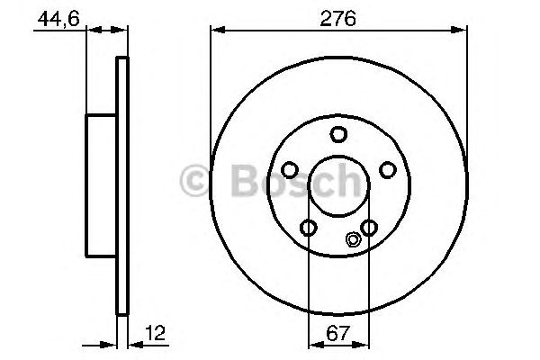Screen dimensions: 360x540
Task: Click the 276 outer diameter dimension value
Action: pos(338,17)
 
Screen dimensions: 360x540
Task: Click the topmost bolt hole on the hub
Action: pos(338,135)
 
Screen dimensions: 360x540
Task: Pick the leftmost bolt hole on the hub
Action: pos(290,170)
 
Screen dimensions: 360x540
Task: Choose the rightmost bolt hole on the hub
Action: pos(387,170)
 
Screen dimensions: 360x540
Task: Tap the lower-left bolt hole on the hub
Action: pos(309,228)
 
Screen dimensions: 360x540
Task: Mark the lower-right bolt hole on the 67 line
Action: pos(368,228)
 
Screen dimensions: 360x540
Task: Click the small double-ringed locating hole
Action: pos(353,239)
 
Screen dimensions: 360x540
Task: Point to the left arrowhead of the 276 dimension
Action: pos(215,31)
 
